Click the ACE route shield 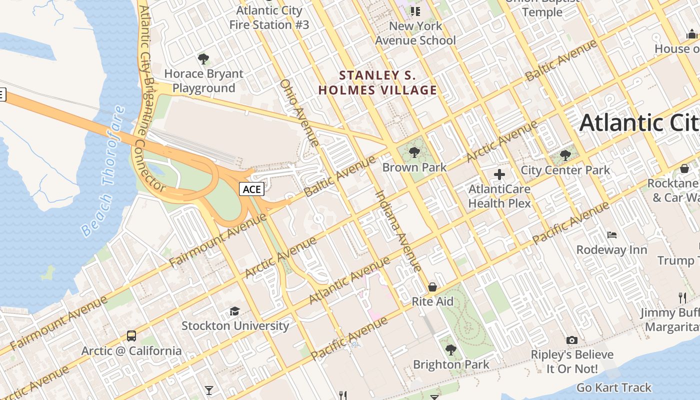pyautogui.click(x=251, y=189)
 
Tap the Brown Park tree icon pyautogui.click(x=414, y=152)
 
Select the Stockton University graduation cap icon pyautogui.click(x=234, y=311)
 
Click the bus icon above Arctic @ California pyautogui.click(x=131, y=335)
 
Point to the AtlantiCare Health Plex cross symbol pyautogui.click(x=499, y=174)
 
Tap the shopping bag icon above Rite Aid pyautogui.click(x=432, y=287)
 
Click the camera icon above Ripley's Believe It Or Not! pyautogui.click(x=572, y=340)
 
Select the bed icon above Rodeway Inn pyautogui.click(x=612, y=234)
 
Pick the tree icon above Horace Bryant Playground pyautogui.click(x=203, y=59)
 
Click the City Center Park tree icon pyautogui.click(x=565, y=155)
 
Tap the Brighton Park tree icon pyautogui.click(x=451, y=349)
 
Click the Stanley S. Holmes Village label pyautogui.click(x=378, y=83)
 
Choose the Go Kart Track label pyautogui.click(x=614, y=387)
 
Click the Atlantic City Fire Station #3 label pyautogui.click(x=269, y=17)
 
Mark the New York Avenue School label pyautogui.click(x=415, y=33)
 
